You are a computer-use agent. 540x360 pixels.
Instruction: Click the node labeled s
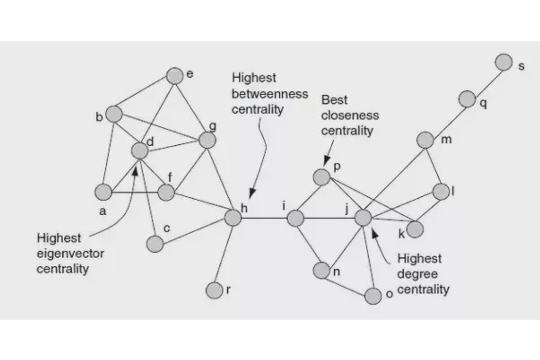504,62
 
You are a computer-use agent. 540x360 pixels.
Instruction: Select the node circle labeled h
232,217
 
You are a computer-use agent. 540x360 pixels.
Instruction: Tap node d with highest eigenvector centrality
140,151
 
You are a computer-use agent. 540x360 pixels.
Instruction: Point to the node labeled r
214,290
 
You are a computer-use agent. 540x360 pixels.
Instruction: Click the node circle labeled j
363,218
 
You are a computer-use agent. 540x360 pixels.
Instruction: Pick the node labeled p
322,177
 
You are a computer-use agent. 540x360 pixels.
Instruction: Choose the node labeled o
373,296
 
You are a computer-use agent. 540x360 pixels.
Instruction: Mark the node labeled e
174,76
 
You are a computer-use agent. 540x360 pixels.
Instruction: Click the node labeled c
155,244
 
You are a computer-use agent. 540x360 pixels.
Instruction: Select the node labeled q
467,99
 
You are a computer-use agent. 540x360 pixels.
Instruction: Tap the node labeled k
415,229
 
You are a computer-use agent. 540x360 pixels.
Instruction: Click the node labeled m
425,140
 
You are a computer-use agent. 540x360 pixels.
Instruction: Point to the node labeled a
104,192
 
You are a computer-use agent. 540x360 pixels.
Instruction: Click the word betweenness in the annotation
270,94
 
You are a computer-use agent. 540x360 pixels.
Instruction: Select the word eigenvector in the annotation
70,254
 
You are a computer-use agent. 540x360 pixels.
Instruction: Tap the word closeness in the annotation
350,115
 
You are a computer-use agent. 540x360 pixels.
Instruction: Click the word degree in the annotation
413,274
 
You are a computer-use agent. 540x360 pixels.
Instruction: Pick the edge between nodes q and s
486,81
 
